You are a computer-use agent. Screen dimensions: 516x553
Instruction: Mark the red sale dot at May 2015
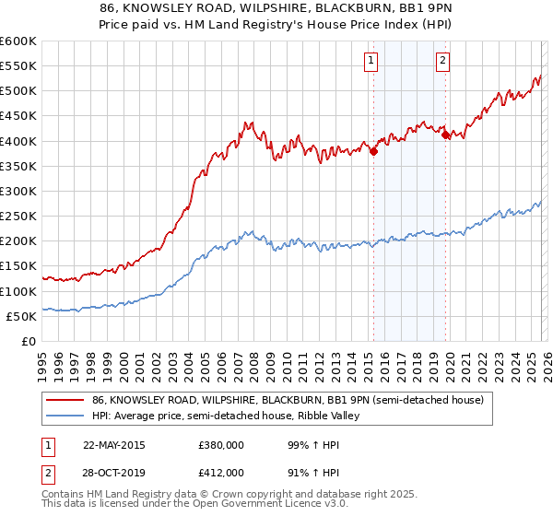click(x=373, y=152)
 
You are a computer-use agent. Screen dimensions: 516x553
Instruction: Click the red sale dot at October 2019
click(x=446, y=135)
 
